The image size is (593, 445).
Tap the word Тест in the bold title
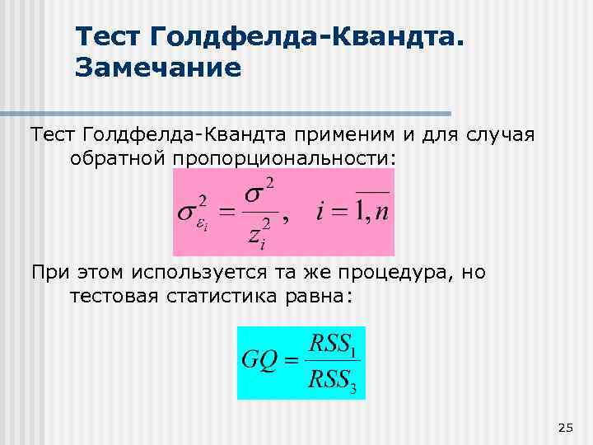(110, 35)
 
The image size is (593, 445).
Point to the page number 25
(565, 427)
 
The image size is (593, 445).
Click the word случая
(506, 133)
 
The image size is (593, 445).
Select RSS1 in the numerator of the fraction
(334, 345)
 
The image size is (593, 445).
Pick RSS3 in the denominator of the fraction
(334, 381)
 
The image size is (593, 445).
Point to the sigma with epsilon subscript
(194, 213)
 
